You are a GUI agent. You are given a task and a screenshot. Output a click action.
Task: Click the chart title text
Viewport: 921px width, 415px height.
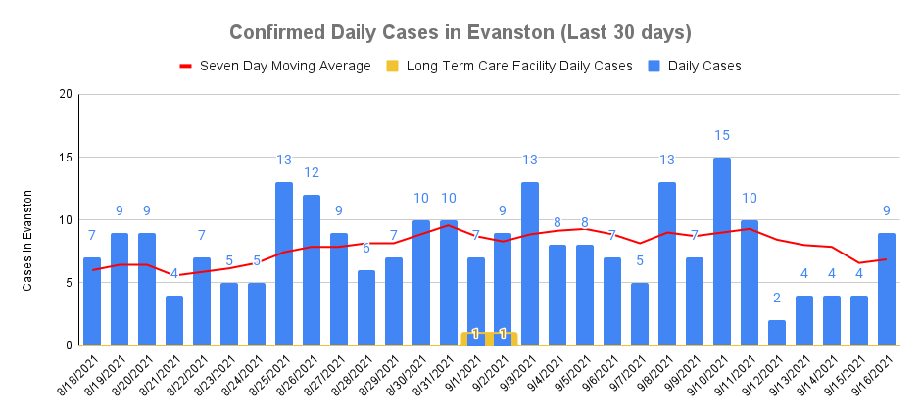click(460, 32)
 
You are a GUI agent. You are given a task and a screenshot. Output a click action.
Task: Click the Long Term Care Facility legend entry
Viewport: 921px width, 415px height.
click(499, 67)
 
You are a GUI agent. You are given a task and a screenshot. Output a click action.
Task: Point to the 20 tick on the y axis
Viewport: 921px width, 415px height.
click(66, 95)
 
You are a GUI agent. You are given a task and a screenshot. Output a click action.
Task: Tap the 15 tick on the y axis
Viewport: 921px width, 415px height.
click(66, 158)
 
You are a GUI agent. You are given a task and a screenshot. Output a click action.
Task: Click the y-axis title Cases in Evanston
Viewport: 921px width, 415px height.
click(28, 240)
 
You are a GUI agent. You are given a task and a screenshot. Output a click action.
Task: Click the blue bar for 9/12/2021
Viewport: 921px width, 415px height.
click(777, 333)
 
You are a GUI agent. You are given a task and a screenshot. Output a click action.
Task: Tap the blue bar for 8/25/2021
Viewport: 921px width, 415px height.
click(284, 264)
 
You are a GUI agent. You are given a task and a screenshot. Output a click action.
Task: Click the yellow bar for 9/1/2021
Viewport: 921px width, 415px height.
click(475, 339)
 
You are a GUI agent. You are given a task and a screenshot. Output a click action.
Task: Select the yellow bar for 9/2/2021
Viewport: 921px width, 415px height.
click(503, 339)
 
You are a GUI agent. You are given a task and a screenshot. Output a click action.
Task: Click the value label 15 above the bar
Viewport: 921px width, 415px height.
click(722, 135)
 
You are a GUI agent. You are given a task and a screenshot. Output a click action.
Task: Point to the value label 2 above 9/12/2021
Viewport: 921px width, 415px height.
click(777, 299)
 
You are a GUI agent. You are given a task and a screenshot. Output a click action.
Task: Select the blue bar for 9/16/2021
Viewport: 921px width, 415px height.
click(887, 289)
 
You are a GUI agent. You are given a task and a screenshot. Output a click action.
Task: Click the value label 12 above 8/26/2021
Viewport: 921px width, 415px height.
click(312, 173)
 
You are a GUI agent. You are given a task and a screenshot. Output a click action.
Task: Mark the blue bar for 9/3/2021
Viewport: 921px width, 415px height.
click(530, 264)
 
